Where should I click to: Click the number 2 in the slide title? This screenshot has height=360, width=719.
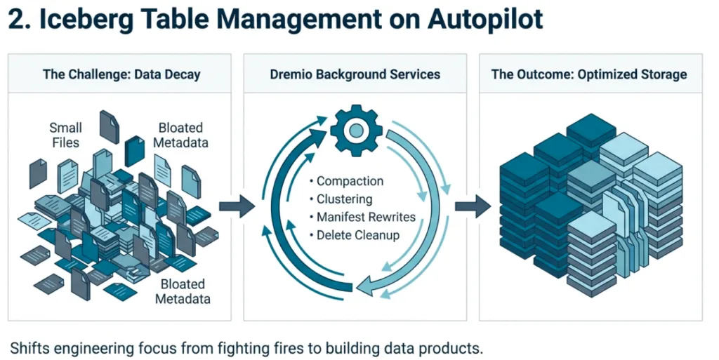click(15, 19)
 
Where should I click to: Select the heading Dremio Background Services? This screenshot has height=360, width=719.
click(355, 74)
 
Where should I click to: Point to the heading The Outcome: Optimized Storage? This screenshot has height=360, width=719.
click(589, 74)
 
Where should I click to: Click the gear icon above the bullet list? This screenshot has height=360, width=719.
click(356, 130)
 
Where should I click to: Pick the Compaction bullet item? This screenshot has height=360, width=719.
click(350, 181)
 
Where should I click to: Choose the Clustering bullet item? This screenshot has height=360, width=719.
click(344, 199)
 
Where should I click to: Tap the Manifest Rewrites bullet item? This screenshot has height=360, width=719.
click(365, 217)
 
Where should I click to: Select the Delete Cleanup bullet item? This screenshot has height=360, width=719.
click(357, 235)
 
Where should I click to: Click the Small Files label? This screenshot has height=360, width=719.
click(65, 135)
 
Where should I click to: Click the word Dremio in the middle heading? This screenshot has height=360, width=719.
click(291, 74)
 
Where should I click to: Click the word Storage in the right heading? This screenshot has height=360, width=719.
click(661, 74)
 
